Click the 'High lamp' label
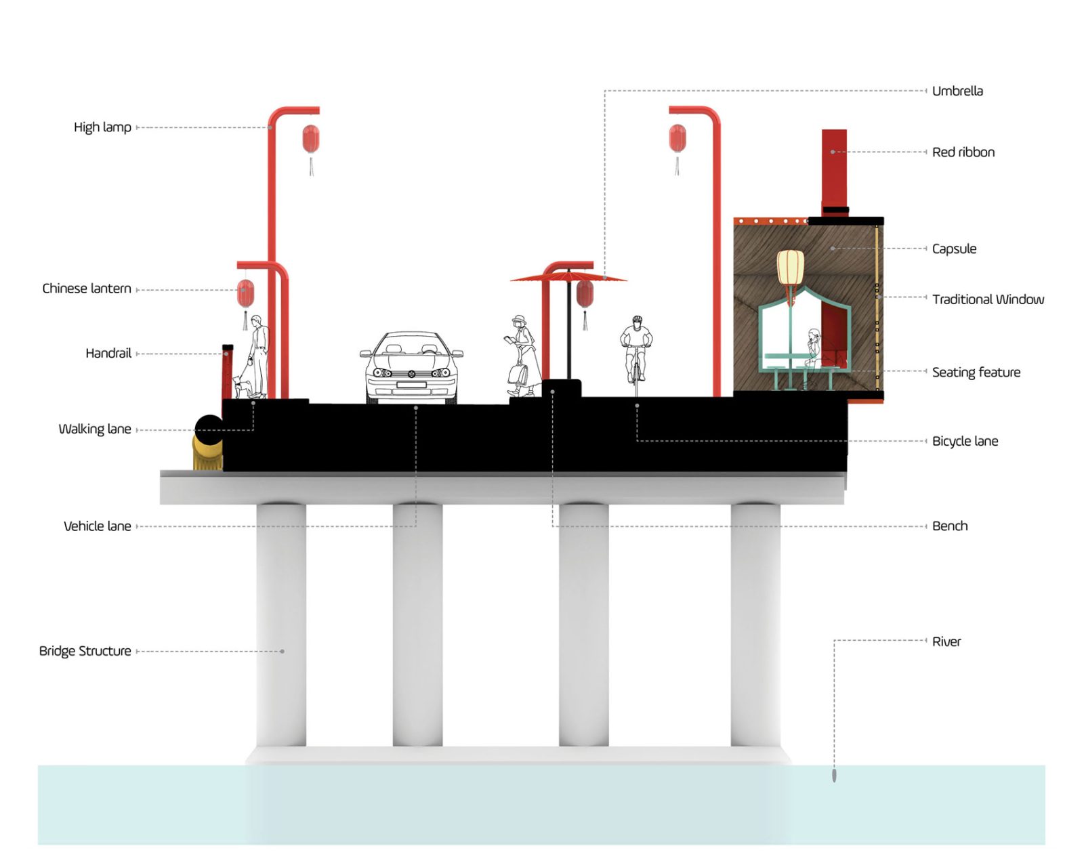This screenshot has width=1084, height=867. tap(102, 127)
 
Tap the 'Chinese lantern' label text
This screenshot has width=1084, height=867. tap(87, 289)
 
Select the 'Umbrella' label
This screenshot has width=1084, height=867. tap(957, 91)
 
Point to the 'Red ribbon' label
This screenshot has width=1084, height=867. tap(963, 152)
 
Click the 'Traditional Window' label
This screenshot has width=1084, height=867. tap(988, 299)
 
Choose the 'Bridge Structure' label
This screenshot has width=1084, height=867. tap(85, 651)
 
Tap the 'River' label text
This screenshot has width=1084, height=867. tap(946, 641)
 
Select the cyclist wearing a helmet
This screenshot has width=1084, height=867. tap(636, 352)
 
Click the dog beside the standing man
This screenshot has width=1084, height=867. tap(243, 387)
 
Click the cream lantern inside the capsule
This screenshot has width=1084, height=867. tap(790, 268)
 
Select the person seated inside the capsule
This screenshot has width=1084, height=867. tap(814, 349)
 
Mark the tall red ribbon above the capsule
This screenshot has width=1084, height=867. tap(834, 169)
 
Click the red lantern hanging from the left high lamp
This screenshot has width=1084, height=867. tap(311, 140)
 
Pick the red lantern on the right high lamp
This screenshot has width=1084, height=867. tap(677, 139)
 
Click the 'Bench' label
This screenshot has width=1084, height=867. tap(950, 526)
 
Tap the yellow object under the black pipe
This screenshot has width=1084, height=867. tap(207, 453)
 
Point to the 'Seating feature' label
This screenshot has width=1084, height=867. tap(976, 373)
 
